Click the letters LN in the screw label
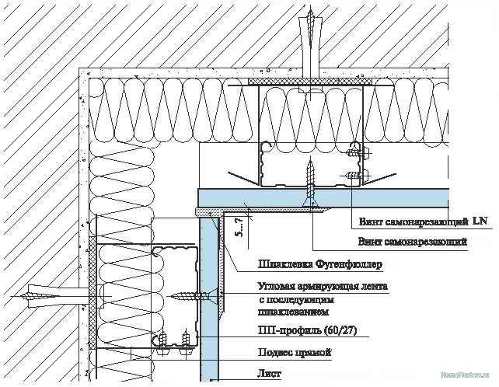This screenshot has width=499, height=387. pyautogui.click(x=480, y=221)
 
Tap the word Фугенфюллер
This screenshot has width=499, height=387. pyautogui.click(x=351, y=266)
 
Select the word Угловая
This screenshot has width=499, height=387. pyautogui.click(x=281, y=286)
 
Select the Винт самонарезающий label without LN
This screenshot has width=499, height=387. pyautogui.click(x=412, y=242)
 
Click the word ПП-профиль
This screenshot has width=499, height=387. pyautogui.click(x=284, y=330)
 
